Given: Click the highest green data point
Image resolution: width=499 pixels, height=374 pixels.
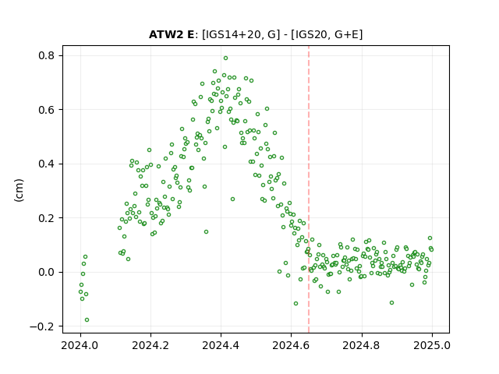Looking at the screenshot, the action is click(x=225, y=58).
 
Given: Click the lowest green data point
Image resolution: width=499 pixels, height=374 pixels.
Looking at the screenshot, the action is click(x=87, y=320).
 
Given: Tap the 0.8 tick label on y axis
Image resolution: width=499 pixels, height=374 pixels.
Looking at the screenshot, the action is click(x=47, y=55).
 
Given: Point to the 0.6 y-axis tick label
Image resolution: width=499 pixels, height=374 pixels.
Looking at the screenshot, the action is click(x=47, y=110).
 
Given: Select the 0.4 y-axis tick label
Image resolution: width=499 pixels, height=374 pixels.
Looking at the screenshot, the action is click(x=47, y=164).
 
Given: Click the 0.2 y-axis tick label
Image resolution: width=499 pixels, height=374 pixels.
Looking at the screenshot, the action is click(x=47, y=218).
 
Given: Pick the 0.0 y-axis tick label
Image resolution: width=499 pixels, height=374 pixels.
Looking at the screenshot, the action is click(x=47, y=272).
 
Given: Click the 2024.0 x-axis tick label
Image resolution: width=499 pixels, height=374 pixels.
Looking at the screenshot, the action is click(x=80, y=345).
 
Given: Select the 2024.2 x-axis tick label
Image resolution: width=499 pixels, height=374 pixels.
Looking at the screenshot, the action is click(x=150, y=345).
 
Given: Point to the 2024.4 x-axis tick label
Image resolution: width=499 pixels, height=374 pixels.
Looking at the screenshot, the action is click(x=221, y=345).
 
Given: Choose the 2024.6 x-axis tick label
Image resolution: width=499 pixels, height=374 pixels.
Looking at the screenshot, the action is click(x=291, y=345).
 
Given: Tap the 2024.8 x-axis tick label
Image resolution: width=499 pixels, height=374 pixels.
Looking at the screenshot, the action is click(x=361, y=345).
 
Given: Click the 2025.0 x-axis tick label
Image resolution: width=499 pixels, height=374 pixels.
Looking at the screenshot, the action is click(x=432, y=345).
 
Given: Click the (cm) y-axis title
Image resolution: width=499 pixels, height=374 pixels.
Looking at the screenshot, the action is click(x=19, y=190).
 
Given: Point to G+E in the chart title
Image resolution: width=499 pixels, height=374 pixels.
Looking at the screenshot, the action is click(x=346, y=34).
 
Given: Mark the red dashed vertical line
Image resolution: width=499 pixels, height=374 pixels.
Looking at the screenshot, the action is click(x=309, y=189).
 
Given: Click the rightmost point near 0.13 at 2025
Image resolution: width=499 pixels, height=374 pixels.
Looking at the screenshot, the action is click(x=430, y=238).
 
